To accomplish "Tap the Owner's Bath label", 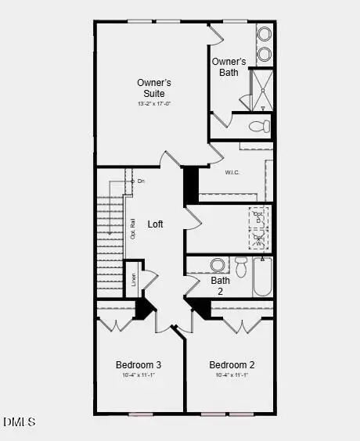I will tap(229, 68).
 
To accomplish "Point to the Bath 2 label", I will tap(221, 285).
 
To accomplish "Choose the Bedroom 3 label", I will tap(139, 365).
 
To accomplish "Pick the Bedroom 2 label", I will tap(232, 365).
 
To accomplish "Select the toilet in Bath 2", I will tap(241, 267).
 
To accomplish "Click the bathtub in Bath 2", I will tap(262, 278).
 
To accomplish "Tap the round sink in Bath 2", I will tap(218, 264).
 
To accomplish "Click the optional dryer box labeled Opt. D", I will tap(259, 217).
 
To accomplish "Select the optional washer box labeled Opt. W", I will tap(259, 239).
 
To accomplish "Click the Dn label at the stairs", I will tap(139, 181).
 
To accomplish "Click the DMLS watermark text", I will tap(20, 422).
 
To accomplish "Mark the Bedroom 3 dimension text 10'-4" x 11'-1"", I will tap(139, 375).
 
